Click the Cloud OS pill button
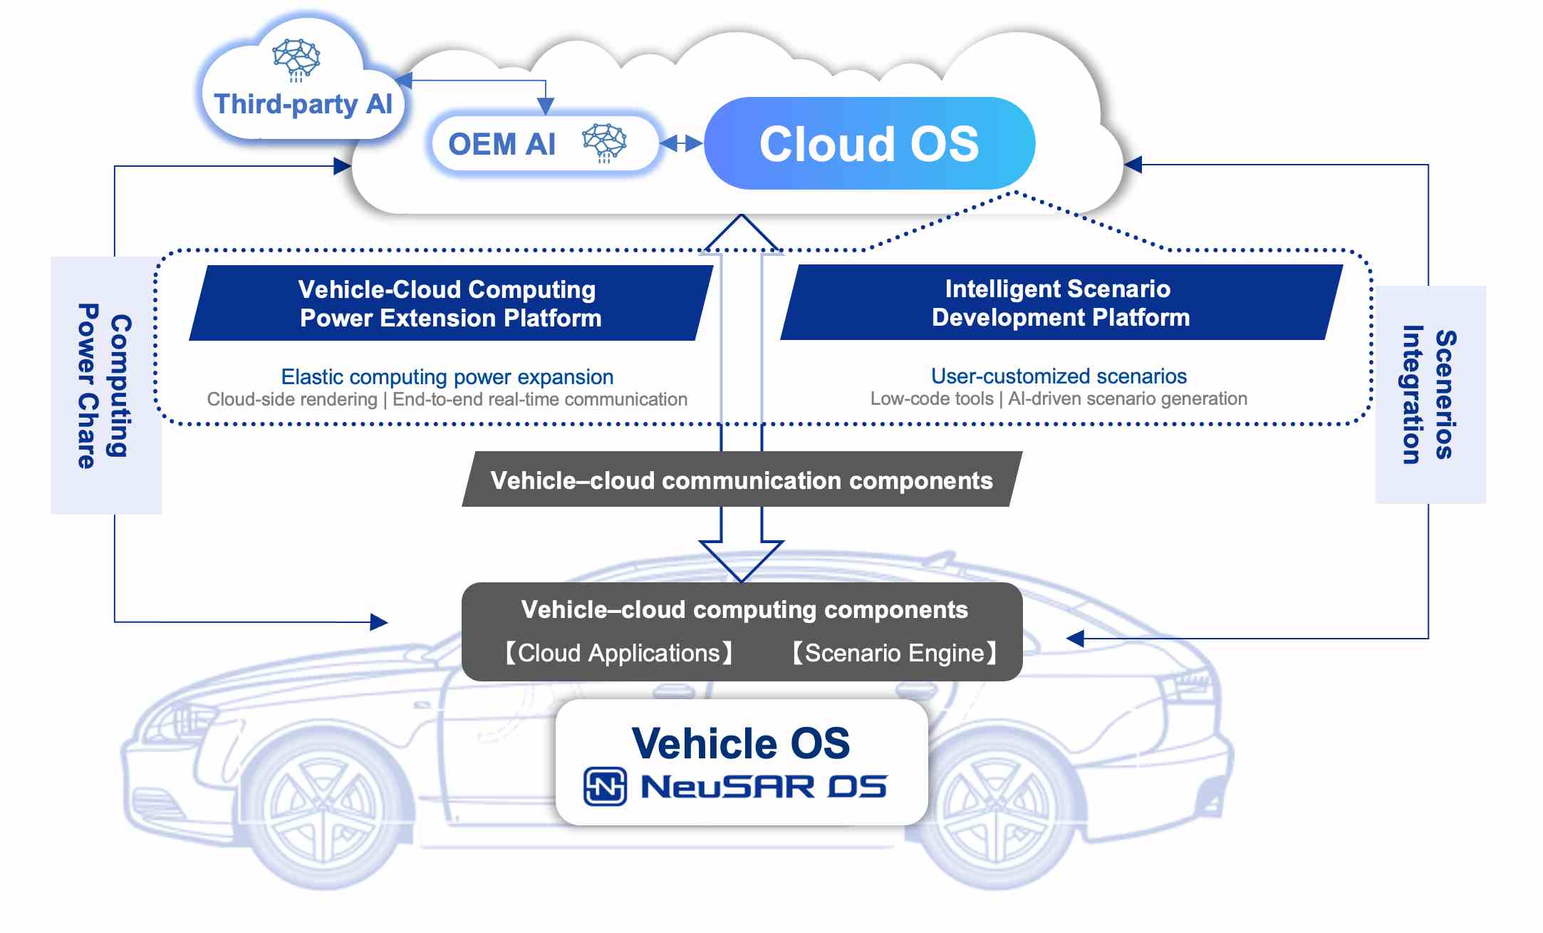(869, 143)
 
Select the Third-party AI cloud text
(303, 104)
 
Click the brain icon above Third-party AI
(296, 58)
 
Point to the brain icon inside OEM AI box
(604, 142)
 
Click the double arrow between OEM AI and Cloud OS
(681, 144)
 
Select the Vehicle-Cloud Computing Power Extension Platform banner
(450, 303)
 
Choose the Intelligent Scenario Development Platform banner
(1061, 302)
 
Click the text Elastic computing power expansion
(447, 376)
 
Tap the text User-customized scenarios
(1059, 376)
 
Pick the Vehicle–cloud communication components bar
(741, 480)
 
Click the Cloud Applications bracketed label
(619, 653)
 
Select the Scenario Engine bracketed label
(894, 653)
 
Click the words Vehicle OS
(741, 743)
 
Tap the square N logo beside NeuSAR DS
(605, 786)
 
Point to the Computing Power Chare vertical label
(105, 386)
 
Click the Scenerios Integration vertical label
(1429, 394)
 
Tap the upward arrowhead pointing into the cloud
(742, 233)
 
